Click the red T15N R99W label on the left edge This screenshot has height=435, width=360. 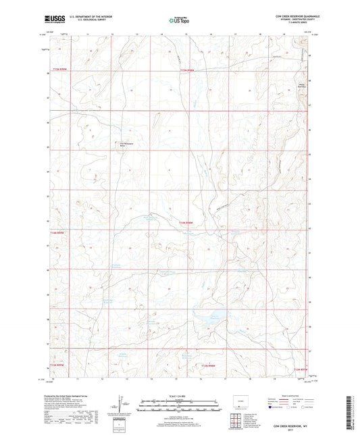(x=59, y=232)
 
